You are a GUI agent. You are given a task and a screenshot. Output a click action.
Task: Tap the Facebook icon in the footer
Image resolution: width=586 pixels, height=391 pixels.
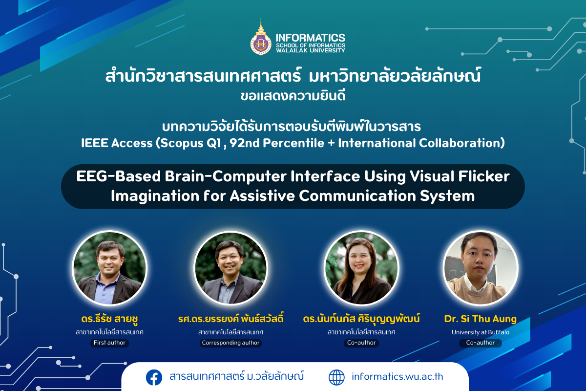154,377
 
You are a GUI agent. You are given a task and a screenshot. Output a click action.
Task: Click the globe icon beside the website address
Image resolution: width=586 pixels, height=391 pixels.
336,377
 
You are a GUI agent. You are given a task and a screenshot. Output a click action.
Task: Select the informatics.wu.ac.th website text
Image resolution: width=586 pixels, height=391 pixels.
398,377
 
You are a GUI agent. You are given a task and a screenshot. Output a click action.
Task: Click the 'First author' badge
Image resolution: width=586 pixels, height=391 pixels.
109,343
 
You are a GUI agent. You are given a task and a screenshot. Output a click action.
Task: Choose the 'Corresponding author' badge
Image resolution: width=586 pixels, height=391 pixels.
230,343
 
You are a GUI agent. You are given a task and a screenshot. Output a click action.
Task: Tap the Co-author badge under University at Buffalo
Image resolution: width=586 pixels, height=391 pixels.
481,343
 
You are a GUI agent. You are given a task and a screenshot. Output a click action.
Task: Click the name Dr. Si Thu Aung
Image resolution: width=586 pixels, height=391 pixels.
481,319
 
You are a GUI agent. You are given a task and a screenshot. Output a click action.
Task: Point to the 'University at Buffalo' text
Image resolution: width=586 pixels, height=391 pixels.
481,332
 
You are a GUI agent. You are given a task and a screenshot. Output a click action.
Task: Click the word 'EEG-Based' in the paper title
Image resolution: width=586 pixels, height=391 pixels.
118,176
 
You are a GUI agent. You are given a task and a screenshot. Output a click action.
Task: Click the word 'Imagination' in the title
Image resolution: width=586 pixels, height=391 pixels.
155,196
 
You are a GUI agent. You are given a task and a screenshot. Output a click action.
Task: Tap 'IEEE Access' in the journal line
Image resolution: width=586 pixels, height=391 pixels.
117,143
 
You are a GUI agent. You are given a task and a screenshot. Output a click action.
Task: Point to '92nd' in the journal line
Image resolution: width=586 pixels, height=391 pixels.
244,143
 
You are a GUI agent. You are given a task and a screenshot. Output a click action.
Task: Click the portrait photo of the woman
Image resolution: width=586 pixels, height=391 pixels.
361,268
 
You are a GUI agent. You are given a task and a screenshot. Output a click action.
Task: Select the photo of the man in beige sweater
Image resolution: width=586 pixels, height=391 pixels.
481,268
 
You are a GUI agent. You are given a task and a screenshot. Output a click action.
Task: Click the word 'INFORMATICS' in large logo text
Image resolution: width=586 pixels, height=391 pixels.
311,38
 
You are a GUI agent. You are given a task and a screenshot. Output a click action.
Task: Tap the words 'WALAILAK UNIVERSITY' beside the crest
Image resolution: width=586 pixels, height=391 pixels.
311,50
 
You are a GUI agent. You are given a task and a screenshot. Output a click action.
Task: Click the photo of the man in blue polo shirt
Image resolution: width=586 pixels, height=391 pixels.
109,268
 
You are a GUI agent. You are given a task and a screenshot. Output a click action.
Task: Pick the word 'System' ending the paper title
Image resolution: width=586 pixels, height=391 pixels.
447,196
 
